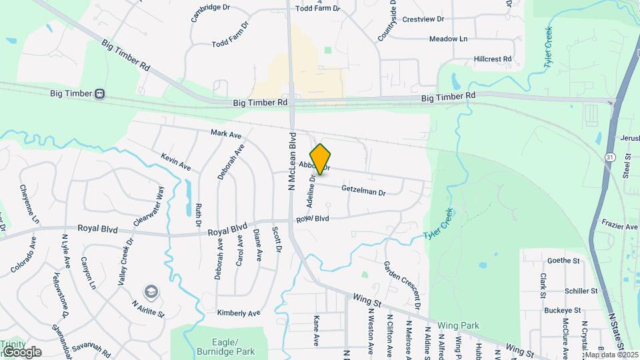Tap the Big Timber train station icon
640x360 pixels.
tap(100, 94)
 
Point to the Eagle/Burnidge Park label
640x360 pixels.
tap(217, 346)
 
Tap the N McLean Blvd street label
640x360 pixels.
tap(292, 161)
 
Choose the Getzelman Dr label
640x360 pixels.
tap(363, 191)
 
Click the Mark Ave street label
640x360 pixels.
tap(225, 134)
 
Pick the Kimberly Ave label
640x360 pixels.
tap(238, 313)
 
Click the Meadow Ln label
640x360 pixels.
tap(448, 39)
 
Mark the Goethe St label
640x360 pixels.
tap(560, 261)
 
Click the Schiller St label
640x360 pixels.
tap(581, 291)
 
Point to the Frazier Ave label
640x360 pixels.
tap(619, 227)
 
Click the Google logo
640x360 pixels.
tap(21, 351)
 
